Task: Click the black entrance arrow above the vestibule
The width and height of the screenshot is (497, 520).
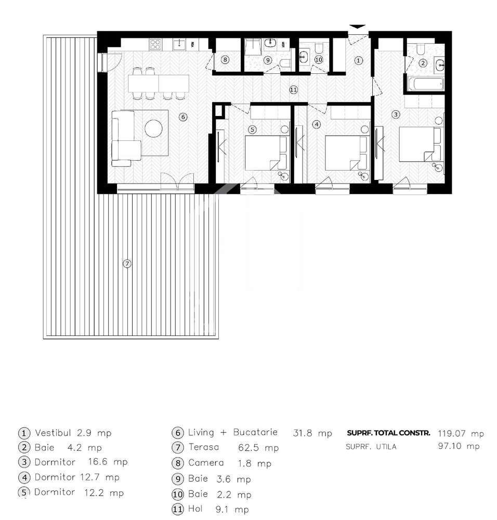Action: click(x=357, y=27)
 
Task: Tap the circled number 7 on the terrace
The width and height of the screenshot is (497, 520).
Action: click(x=127, y=264)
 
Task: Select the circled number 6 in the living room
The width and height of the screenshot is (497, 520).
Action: click(x=182, y=117)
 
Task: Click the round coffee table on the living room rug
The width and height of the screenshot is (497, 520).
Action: click(x=154, y=128)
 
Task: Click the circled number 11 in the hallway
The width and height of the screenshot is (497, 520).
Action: click(x=293, y=90)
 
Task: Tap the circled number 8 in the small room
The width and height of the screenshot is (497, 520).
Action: click(x=225, y=60)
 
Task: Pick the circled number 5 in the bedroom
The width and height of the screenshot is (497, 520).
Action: click(x=253, y=129)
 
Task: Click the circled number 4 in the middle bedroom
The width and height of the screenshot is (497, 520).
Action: click(x=317, y=125)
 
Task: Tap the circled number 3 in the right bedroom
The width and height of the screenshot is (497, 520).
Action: click(x=396, y=114)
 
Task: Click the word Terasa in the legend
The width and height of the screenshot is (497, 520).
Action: click(x=204, y=447)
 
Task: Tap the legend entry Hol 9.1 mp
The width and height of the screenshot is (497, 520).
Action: click(x=211, y=510)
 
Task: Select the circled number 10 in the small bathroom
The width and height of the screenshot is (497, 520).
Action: click(x=318, y=60)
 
